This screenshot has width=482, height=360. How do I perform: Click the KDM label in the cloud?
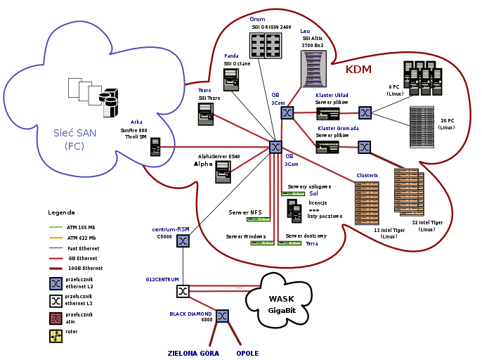[x=358, y=70]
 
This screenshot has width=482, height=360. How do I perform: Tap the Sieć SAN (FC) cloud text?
[x=74, y=139]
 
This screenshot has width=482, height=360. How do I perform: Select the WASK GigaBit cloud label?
[x=282, y=304]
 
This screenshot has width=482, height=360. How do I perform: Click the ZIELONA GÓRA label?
[x=193, y=354]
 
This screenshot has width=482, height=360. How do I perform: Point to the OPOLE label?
[x=247, y=354]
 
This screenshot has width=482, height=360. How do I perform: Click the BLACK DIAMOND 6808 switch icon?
[x=222, y=316]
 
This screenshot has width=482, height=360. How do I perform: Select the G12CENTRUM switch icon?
[x=183, y=291]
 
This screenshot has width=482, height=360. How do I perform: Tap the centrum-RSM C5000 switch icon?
[x=183, y=241]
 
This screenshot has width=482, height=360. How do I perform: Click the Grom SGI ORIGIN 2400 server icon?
[x=265, y=46]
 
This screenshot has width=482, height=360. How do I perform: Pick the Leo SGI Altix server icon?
[x=313, y=68]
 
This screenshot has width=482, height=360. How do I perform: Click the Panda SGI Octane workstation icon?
[x=231, y=79]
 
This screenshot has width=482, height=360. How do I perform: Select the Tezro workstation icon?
[x=206, y=114]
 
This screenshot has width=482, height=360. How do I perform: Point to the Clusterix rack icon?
[x=367, y=202]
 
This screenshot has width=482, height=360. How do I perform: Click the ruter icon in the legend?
[x=56, y=336]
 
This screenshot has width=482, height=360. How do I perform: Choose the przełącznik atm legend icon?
[x=56, y=319]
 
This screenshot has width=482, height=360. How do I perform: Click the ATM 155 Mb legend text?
[x=81, y=228]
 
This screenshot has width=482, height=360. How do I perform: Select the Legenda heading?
[x=61, y=212]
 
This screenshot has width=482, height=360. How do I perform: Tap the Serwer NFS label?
[x=245, y=212]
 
